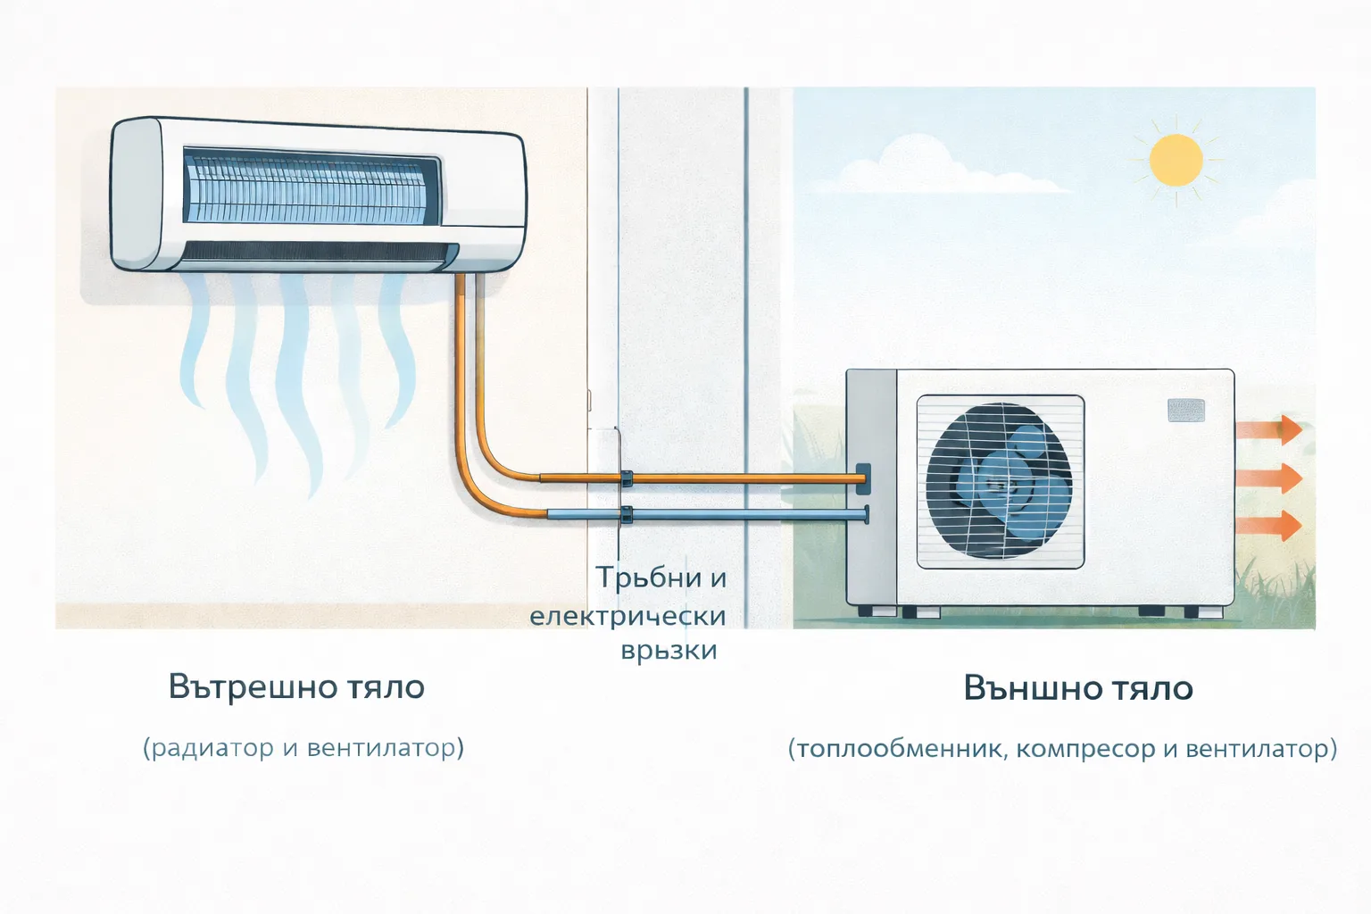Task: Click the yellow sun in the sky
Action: tap(1175, 161)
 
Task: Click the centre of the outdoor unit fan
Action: tap(1000, 482)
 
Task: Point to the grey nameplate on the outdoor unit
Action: tap(1185, 410)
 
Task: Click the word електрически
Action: tap(627, 616)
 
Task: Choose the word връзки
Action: tap(669, 650)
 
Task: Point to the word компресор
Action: tap(1085, 748)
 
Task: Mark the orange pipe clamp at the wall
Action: tap(627, 478)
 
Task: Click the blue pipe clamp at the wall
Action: tap(627, 514)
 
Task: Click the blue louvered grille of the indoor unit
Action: tap(308, 187)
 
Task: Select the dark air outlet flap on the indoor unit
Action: tap(312, 253)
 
